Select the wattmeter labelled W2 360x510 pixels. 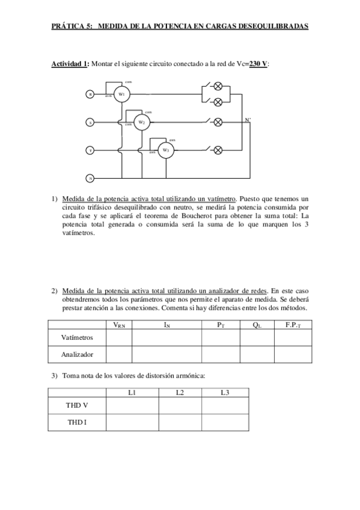[x=142, y=122]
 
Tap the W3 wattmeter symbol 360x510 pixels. [x=166, y=150]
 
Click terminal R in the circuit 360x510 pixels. [x=91, y=94]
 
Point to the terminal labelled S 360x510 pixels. [x=91, y=122]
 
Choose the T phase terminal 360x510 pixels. [x=91, y=150]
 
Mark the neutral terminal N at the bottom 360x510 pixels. [x=91, y=178]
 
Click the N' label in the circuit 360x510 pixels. [x=248, y=120]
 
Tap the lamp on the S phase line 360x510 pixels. [x=218, y=122]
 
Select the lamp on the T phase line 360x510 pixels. [x=218, y=150]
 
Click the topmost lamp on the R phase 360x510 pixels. [x=218, y=86]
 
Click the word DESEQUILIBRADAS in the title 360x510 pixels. [x=274, y=26]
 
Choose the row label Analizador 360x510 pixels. [x=77, y=355]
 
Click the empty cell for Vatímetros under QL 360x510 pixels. [x=257, y=338]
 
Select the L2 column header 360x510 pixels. [x=180, y=393]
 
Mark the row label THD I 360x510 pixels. [x=77, y=422]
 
